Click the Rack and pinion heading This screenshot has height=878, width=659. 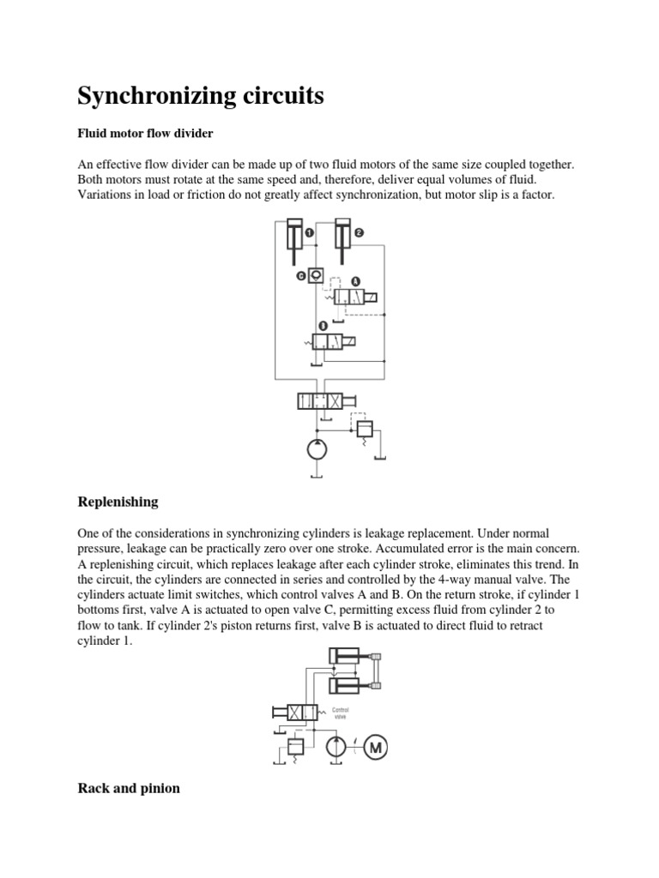(x=129, y=788)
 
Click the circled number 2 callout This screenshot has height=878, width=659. (x=359, y=232)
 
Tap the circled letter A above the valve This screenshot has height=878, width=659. (x=354, y=280)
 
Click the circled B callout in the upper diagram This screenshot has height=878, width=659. (x=322, y=326)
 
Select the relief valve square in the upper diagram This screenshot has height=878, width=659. (x=363, y=428)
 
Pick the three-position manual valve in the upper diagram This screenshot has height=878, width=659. (x=318, y=400)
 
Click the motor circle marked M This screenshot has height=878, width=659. (x=375, y=748)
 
